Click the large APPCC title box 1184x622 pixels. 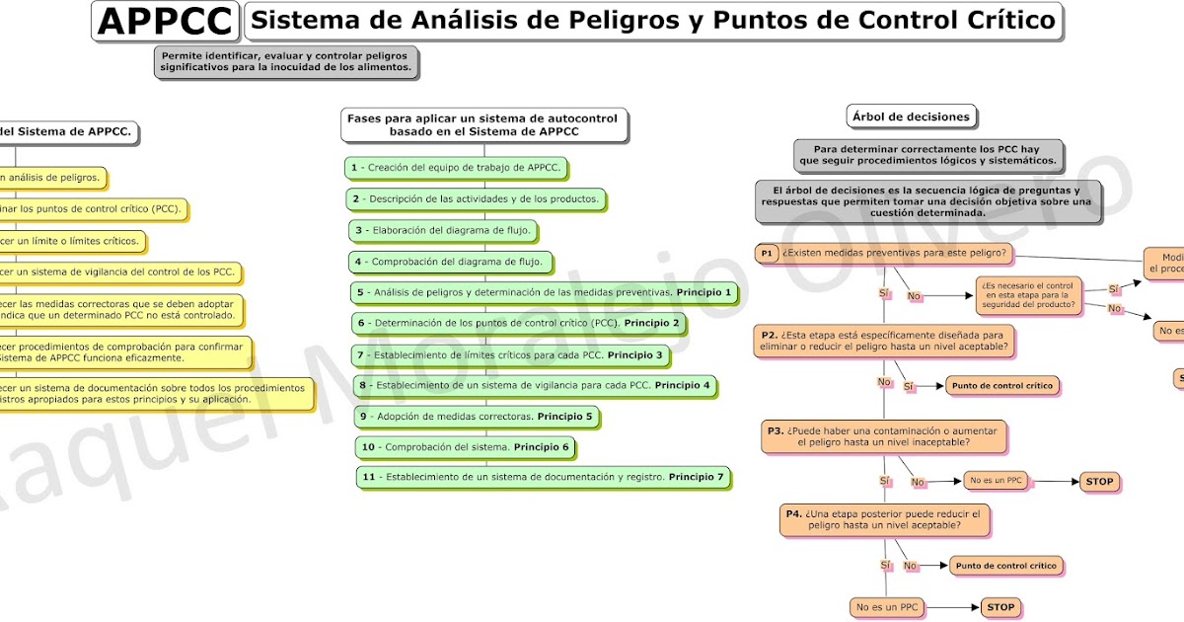(x=166, y=21)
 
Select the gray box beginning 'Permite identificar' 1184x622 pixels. (x=286, y=62)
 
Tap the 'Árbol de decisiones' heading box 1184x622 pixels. (x=910, y=117)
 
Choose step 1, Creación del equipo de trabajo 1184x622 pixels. (x=459, y=168)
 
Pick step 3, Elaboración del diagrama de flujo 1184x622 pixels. (x=444, y=230)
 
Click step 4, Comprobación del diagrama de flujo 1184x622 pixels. (x=449, y=262)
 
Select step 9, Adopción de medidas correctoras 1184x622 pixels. (x=476, y=417)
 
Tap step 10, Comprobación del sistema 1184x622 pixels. (x=465, y=447)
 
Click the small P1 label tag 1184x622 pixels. (x=767, y=254)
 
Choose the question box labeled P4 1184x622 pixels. (x=883, y=519)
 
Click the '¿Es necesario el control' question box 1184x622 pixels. (x=1029, y=294)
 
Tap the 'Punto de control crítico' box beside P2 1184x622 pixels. (x=1001, y=386)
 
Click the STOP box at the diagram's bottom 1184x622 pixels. (x=1000, y=607)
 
